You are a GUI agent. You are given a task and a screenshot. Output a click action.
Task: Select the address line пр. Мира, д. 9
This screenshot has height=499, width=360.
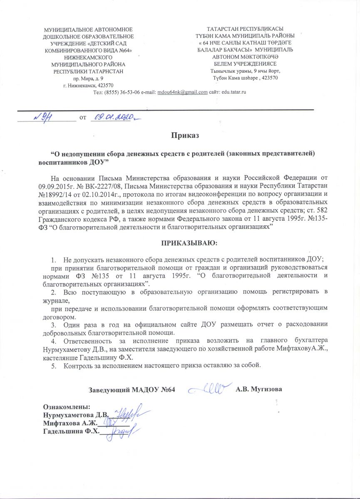pos(88,78)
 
